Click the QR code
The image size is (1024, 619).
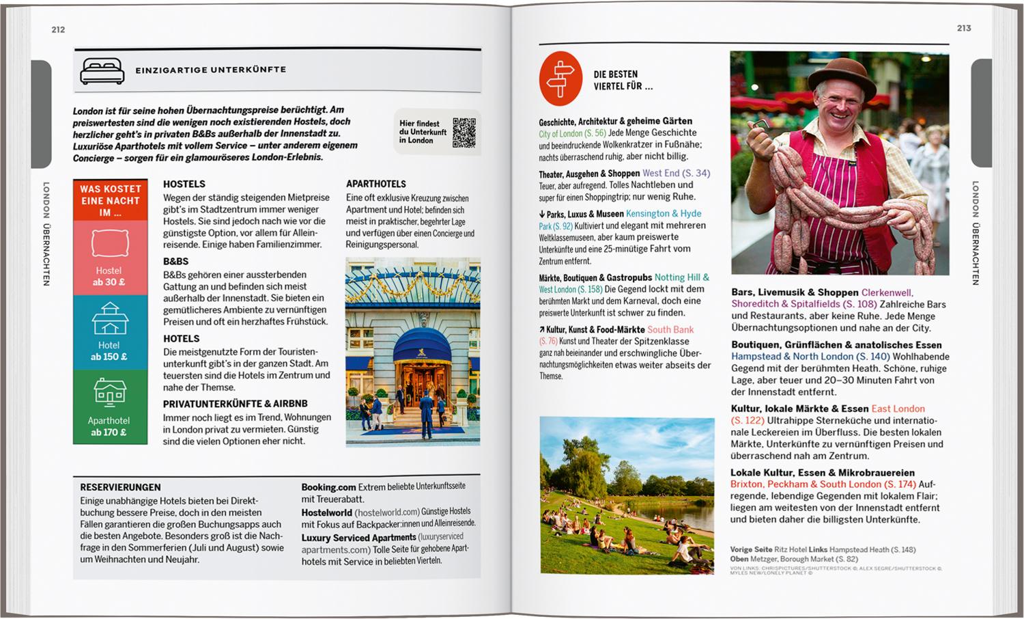pos(464,133)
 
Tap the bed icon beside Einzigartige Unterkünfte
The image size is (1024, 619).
pos(102,70)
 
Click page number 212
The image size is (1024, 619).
pos(58,29)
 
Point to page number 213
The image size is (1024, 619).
pos(964,28)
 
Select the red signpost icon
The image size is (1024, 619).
pos(560,79)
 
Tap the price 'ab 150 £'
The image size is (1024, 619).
pos(109,357)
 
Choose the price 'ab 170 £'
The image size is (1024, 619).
pos(109,432)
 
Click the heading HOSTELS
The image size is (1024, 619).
pos(184,184)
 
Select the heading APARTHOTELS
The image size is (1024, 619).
pos(375,184)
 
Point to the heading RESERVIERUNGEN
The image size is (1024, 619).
pos(120,487)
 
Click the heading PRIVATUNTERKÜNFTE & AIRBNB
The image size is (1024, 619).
pos(235,404)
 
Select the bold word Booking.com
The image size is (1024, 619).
pos(328,487)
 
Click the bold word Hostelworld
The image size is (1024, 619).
pos(326,512)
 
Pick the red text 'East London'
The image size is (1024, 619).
pos(898,409)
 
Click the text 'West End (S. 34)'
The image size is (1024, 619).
pos(676,174)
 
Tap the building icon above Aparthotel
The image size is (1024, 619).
pos(110,394)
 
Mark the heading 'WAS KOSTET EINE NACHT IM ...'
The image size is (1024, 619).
pos(110,200)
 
